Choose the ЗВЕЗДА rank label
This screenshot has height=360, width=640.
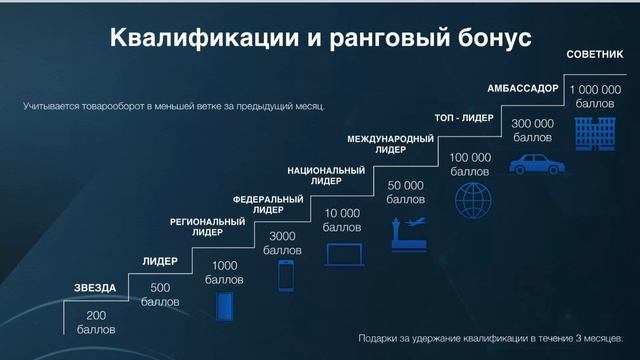pyautogui.click(x=95, y=288)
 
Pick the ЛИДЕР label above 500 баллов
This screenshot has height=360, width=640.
pyautogui.click(x=160, y=261)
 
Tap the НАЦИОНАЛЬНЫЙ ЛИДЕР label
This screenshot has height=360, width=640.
pyautogui.click(x=326, y=176)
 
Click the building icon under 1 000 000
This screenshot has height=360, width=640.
pyautogui.click(x=595, y=134)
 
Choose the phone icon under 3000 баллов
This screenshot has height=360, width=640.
pyautogui.click(x=286, y=276)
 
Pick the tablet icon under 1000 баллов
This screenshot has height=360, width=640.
pyautogui.click(x=224, y=305)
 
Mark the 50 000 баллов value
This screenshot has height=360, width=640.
pyautogui.click(x=406, y=192)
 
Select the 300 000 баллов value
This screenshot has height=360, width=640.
pyautogui.click(x=532, y=130)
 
